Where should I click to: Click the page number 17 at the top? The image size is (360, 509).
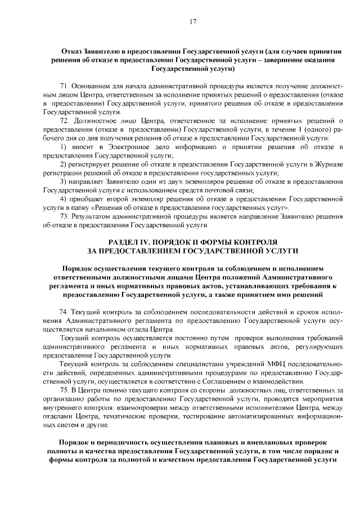[192, 22]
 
